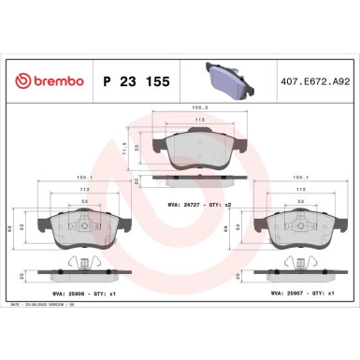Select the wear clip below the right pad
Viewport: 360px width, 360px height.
(x=300, y=263)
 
